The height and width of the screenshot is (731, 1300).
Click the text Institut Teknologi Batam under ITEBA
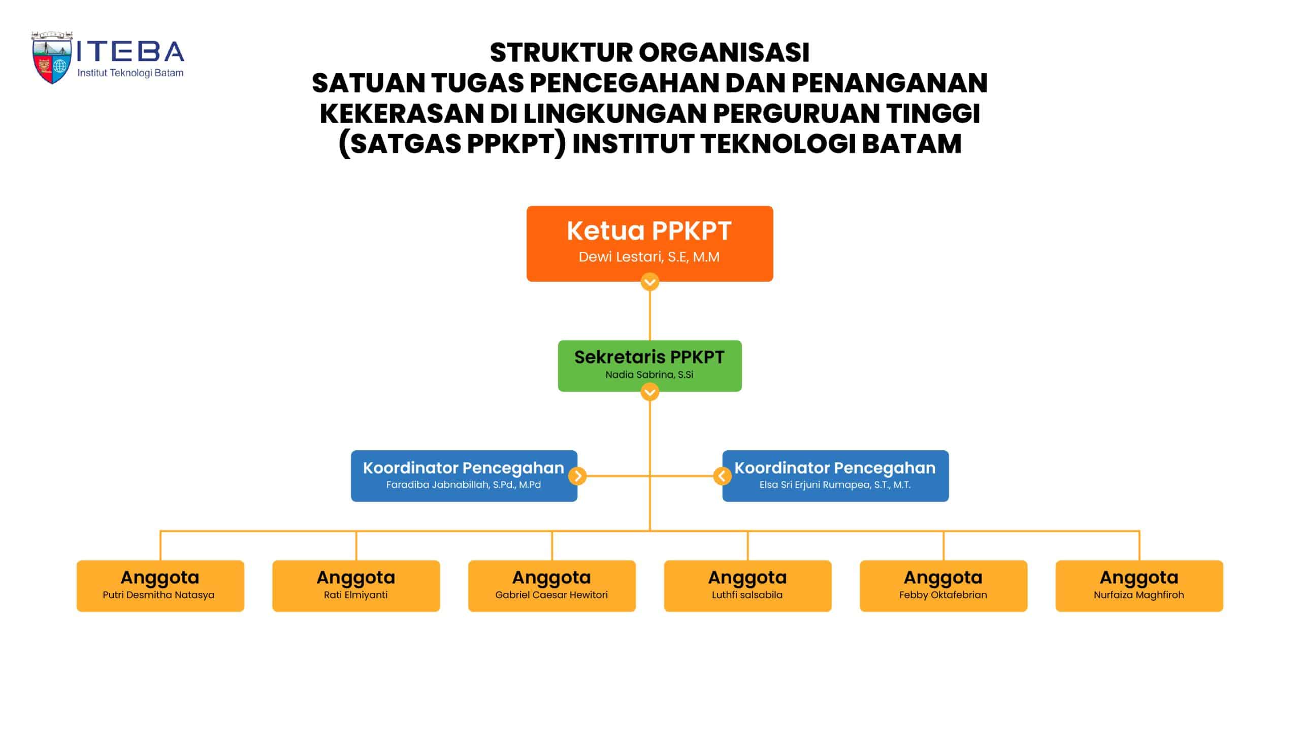[x=130, y=73]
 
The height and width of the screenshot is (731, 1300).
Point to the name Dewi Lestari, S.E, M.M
[x=649, y=257]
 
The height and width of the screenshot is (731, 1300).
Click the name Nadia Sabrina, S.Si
[x=649, y=375]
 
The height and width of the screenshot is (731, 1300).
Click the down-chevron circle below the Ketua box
[x=649, y=282]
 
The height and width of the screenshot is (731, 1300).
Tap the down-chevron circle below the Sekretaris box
[x=649, y=392]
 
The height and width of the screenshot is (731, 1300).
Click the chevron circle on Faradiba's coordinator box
[x=577, y=476]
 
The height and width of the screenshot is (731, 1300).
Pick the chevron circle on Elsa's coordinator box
[x=722, y=476]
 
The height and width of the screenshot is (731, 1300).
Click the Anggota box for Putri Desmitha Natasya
[x=160, y=585]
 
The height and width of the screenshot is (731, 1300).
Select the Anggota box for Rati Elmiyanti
[x=356, y=585]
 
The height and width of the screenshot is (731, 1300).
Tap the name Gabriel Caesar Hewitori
[x=551, y=595]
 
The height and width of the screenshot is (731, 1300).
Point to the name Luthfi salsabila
[x=747, y=595]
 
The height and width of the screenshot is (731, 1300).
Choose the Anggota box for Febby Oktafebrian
[x=943, y=585]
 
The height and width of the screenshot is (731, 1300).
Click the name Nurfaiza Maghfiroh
[x=1139, y=595]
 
